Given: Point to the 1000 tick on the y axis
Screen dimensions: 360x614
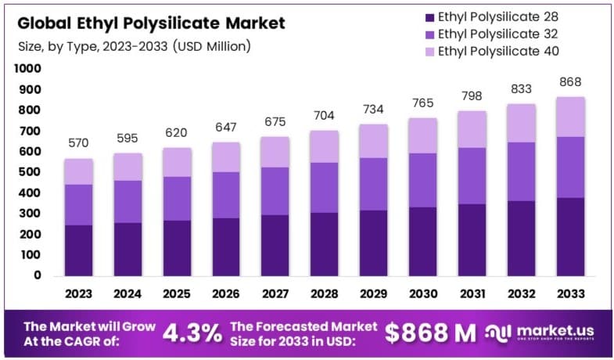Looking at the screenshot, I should (x=27, y=69).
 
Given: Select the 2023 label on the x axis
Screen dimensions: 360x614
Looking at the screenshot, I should (x=78, y=294).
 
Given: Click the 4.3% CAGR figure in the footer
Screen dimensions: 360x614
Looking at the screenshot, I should (x=192, y=333).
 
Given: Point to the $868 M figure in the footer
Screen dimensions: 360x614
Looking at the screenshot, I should (x=430, y=333).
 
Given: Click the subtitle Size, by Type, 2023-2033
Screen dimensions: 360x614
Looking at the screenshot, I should (x=133, y=47).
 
